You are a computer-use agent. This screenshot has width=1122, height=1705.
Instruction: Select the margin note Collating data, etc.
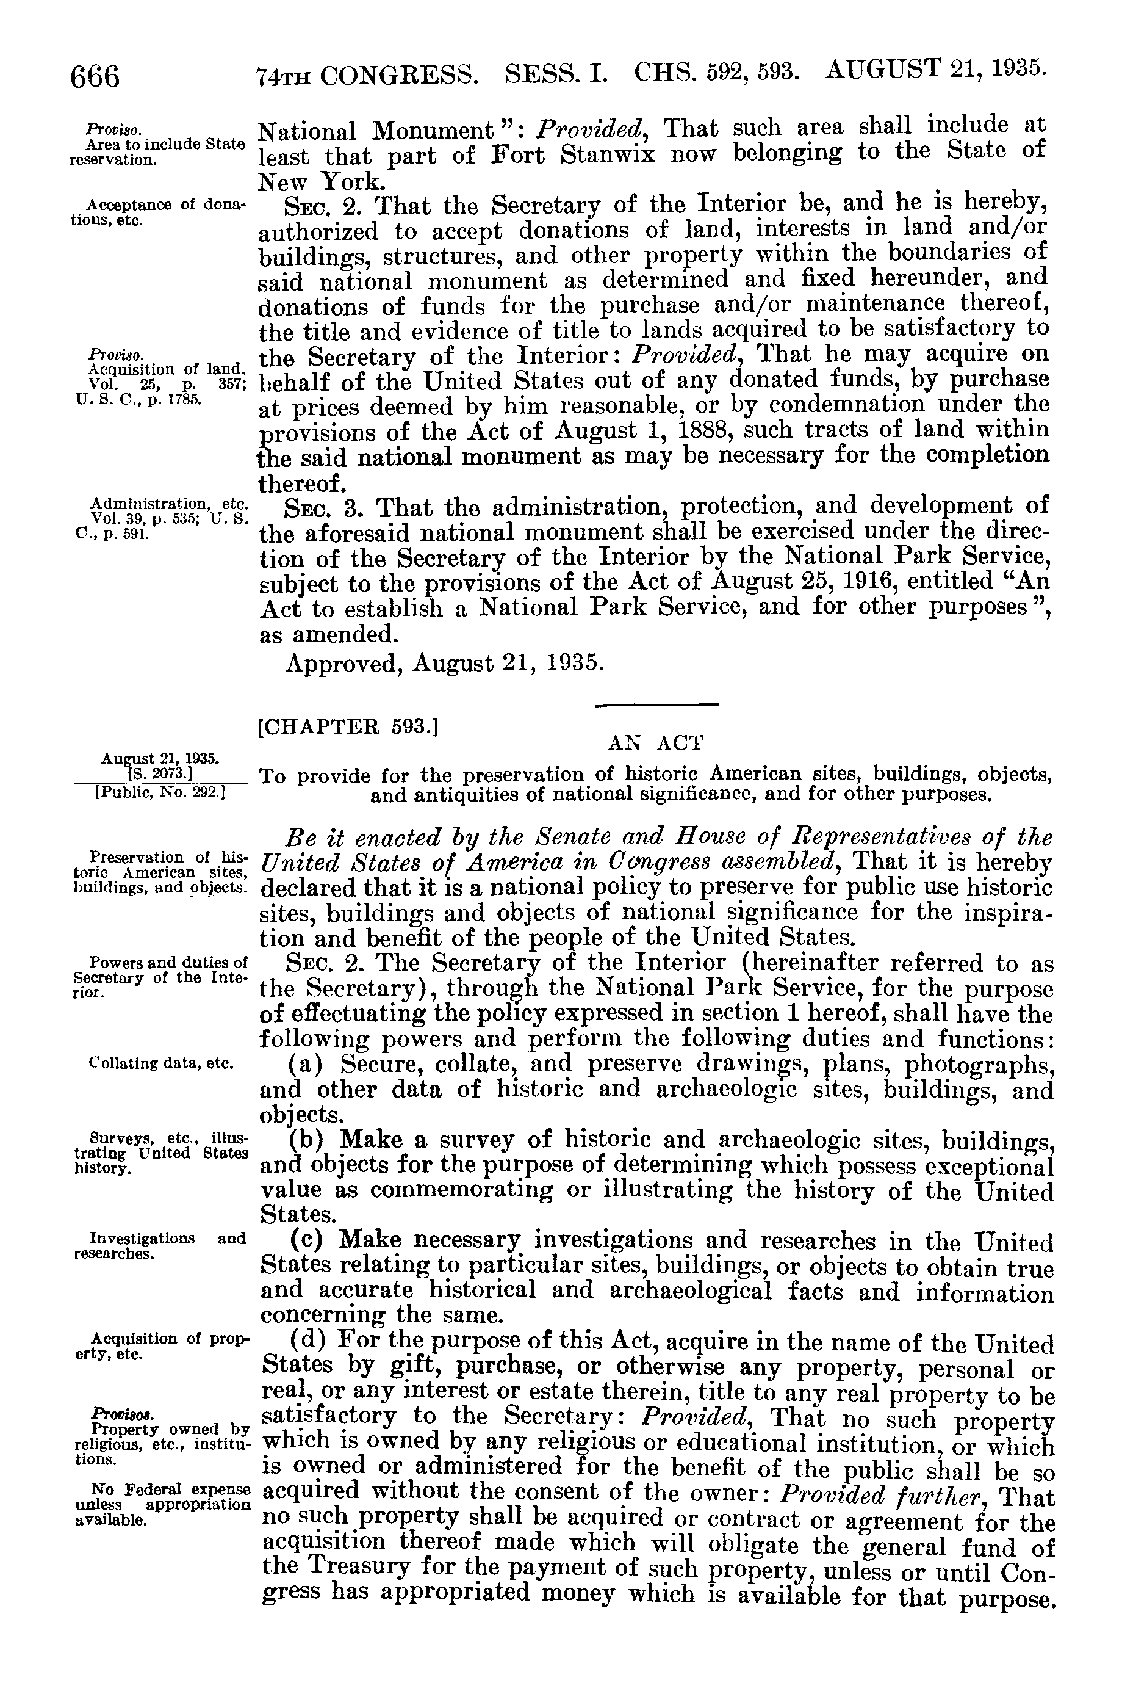tap(162, 1063)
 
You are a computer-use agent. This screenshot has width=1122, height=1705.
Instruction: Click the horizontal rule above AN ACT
tap(656, 706)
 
